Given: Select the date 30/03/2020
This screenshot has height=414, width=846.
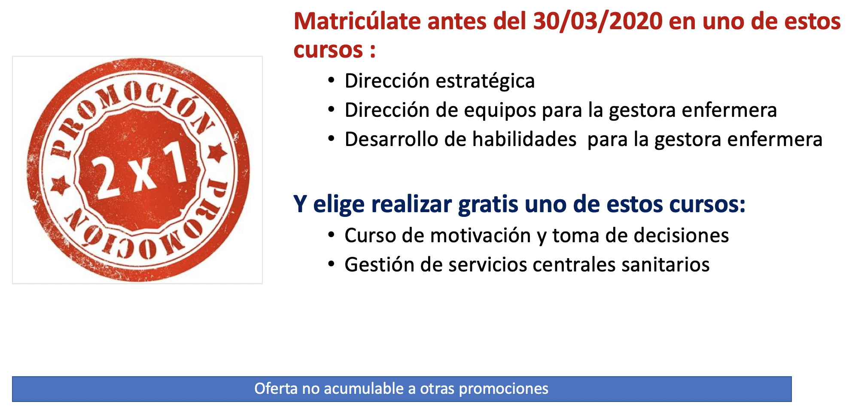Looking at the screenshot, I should point(598,21).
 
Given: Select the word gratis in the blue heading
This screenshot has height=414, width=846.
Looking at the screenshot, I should point(488,204).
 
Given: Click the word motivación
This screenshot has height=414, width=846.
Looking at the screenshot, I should point(481,236).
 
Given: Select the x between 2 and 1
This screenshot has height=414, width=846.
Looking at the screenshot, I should point(143,174).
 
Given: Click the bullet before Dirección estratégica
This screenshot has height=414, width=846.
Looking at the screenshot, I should point(331,81).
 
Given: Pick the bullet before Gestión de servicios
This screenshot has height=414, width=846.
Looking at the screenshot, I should point(331,264).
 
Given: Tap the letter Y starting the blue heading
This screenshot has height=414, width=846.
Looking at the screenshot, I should point(300,204).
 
